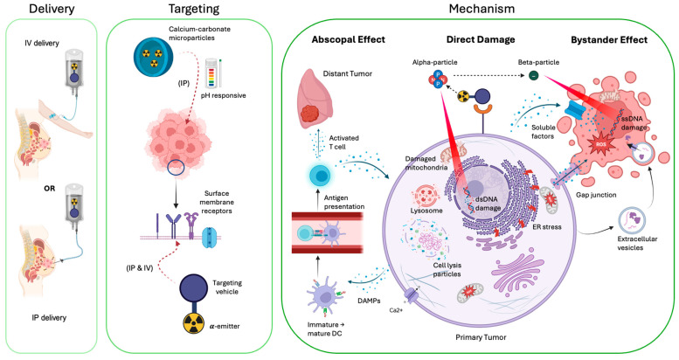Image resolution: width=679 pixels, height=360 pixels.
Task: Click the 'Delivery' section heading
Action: pos(52,9)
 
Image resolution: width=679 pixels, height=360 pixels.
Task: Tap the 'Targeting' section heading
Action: pos(194,9)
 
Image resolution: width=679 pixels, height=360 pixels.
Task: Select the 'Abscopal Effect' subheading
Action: pos(348,39)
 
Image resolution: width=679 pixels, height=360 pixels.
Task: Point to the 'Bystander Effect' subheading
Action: pos(609,40)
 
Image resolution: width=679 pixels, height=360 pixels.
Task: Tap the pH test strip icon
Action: pos(213,72)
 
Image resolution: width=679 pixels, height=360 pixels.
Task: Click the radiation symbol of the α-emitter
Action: pos(194,323)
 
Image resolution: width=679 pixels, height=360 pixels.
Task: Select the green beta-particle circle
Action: pos(533,76)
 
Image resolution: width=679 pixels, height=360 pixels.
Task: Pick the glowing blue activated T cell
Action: pos(321,176)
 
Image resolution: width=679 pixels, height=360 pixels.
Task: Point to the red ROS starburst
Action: pos(600,144)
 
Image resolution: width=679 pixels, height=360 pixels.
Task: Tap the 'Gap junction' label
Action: pos(596,195)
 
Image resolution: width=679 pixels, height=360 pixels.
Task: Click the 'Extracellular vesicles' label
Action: pos(637,243)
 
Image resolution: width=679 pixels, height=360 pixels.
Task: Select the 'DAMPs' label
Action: pos(370,301)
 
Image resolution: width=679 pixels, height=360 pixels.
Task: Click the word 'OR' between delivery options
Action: pos(49,189)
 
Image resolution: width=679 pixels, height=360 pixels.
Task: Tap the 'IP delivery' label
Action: pos(49,317)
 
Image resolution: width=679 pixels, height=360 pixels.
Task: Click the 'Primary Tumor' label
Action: pos(481,337)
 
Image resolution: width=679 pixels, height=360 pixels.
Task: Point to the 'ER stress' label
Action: pos(547,226)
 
